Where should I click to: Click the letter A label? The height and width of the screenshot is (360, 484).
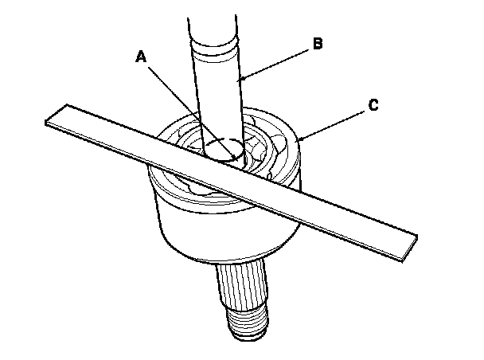(x=142, y=57)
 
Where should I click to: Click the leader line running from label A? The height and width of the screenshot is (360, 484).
(x=183, y=100)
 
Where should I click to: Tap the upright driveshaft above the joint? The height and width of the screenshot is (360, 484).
(x=217, y=88)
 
